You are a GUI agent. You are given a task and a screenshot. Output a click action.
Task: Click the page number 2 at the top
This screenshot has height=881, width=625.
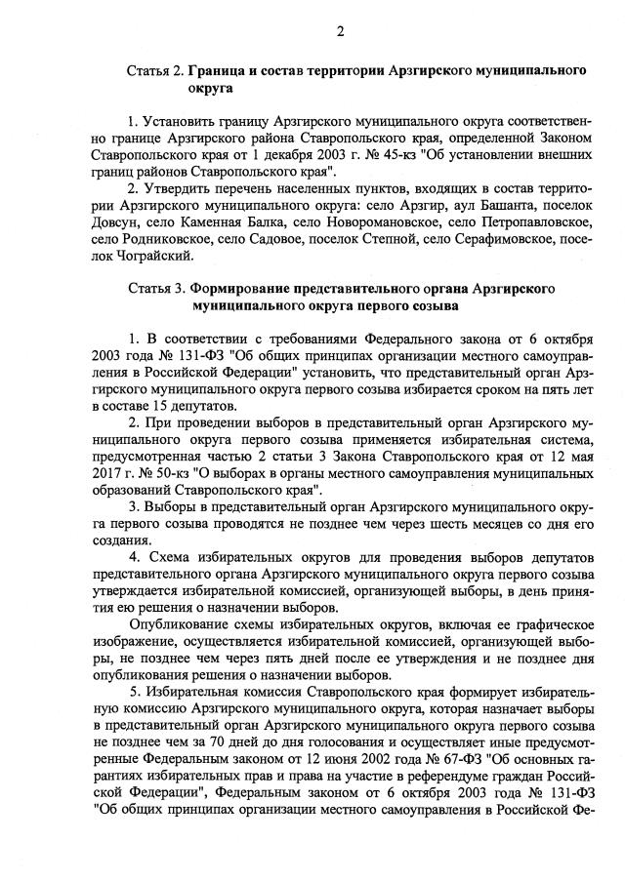coord(341,31)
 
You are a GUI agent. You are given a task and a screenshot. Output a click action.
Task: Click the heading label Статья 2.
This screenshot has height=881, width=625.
coord(155,71)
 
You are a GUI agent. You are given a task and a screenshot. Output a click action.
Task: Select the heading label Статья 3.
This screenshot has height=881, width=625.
coord(155,290)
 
